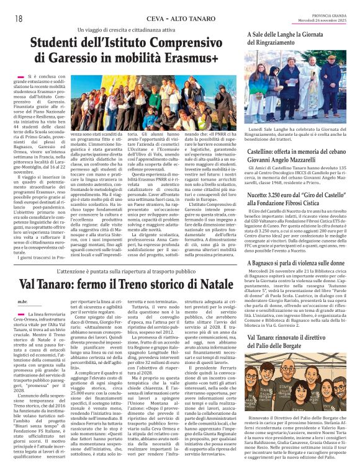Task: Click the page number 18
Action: pos(18,19)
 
